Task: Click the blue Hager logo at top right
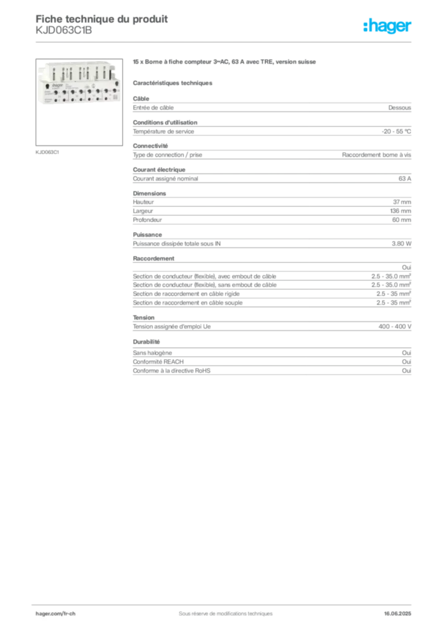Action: (x=388, y=26)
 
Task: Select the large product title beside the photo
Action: (x=225, y=63)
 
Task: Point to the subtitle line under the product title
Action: (x=174, y=83)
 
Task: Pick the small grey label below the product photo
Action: (x=48, y=152)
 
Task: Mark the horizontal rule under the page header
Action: (x=225, y=41)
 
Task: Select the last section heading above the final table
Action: (x=147, y=342)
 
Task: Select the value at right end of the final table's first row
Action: (x=408, y=350)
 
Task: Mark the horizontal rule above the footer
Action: (x=225, y=602)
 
